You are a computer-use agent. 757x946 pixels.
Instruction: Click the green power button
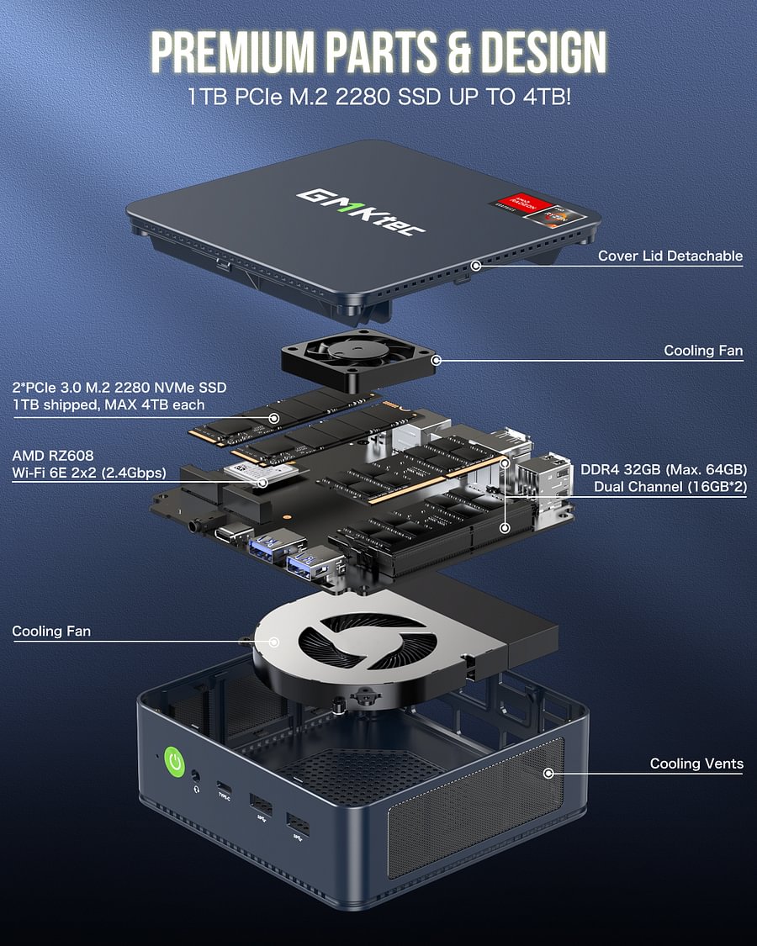pos(175,762)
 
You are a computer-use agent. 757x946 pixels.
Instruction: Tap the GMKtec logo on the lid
pos(361,211)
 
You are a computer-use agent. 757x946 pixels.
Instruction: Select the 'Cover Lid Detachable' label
pos(670,256)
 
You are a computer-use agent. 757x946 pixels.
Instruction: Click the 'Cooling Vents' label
pos(696,764)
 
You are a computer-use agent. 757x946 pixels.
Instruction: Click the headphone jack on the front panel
pos(196,777)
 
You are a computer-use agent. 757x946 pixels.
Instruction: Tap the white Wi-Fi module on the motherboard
pos(262,475)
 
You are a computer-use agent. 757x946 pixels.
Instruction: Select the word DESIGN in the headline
pos(537,52)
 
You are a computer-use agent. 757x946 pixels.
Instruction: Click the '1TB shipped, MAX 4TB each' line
pos(109,404)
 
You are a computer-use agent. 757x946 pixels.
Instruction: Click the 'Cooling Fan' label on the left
pos(51,631)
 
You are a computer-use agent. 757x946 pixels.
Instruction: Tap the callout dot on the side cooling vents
pos(549,772)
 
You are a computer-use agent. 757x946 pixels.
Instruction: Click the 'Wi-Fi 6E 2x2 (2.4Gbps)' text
pos(89,472)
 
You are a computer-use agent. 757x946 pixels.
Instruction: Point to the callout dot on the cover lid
pos(476,265)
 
